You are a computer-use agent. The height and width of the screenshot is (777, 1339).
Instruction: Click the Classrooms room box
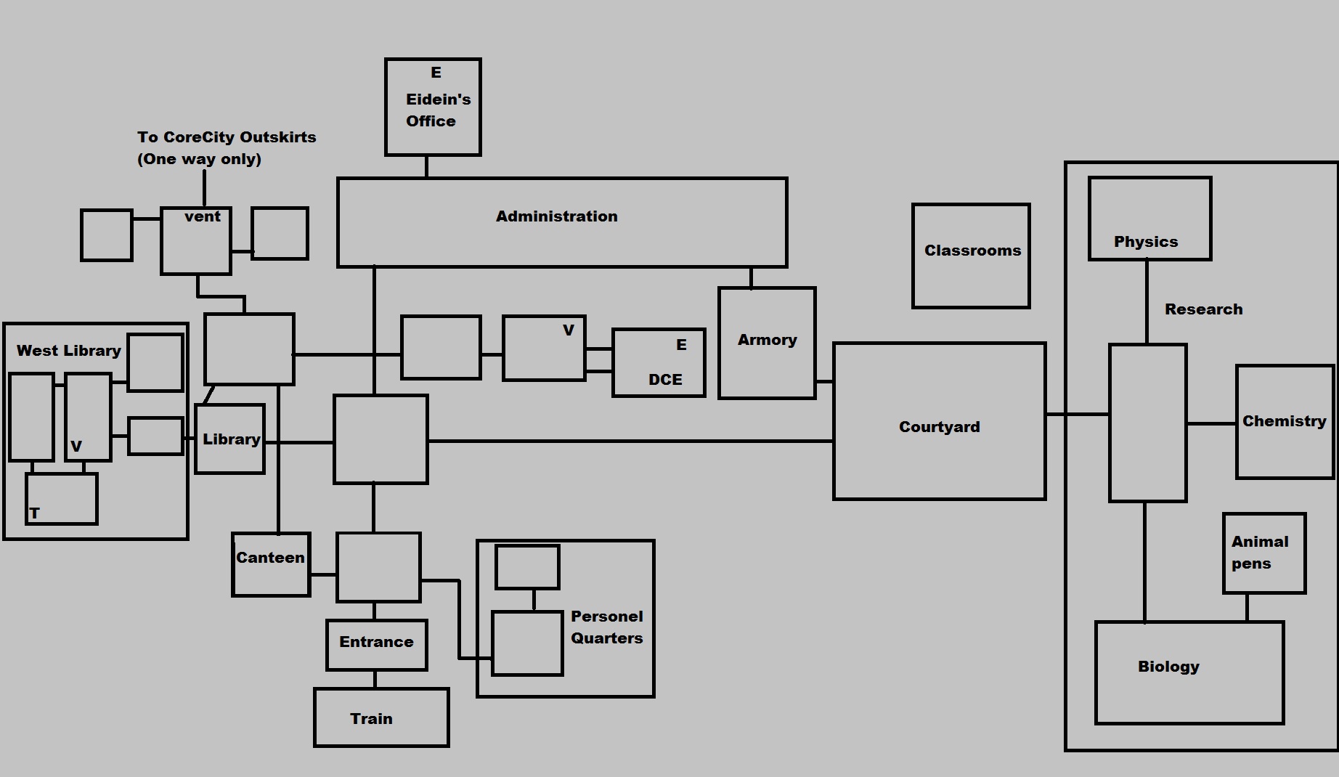pos(971,256)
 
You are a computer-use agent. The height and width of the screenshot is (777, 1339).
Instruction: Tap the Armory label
pos(767,340)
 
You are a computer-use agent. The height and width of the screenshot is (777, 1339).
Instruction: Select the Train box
pos(381,717)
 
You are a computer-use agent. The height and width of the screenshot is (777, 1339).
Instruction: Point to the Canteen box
pos(271,564)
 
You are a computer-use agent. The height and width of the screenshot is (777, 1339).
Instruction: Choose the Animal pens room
pos(1263,553)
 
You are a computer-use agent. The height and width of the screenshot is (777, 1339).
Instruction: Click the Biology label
pos(1168,667)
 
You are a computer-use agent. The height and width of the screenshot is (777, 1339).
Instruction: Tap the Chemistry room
pos(1284,422)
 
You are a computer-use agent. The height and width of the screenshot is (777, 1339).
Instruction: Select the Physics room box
pos(1149,219)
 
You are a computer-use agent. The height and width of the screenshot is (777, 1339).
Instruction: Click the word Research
pos(1203,309)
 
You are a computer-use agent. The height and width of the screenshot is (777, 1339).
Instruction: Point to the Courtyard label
pos(939,427)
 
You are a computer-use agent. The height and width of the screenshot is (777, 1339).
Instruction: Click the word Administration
pos(556,216)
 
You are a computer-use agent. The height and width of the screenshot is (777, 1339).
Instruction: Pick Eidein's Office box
pos(433,107)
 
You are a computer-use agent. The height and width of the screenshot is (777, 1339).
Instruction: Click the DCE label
pos(665,380)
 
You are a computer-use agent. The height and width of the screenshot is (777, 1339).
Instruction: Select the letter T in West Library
pos(34,513)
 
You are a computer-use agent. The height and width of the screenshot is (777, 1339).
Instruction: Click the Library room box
pos(230,439)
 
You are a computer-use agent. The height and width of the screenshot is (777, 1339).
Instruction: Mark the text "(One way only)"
pos(199,159)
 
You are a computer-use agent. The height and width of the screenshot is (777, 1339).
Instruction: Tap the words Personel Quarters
pos(606,627)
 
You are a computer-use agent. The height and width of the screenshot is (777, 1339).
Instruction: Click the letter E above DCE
pos(681,345)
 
